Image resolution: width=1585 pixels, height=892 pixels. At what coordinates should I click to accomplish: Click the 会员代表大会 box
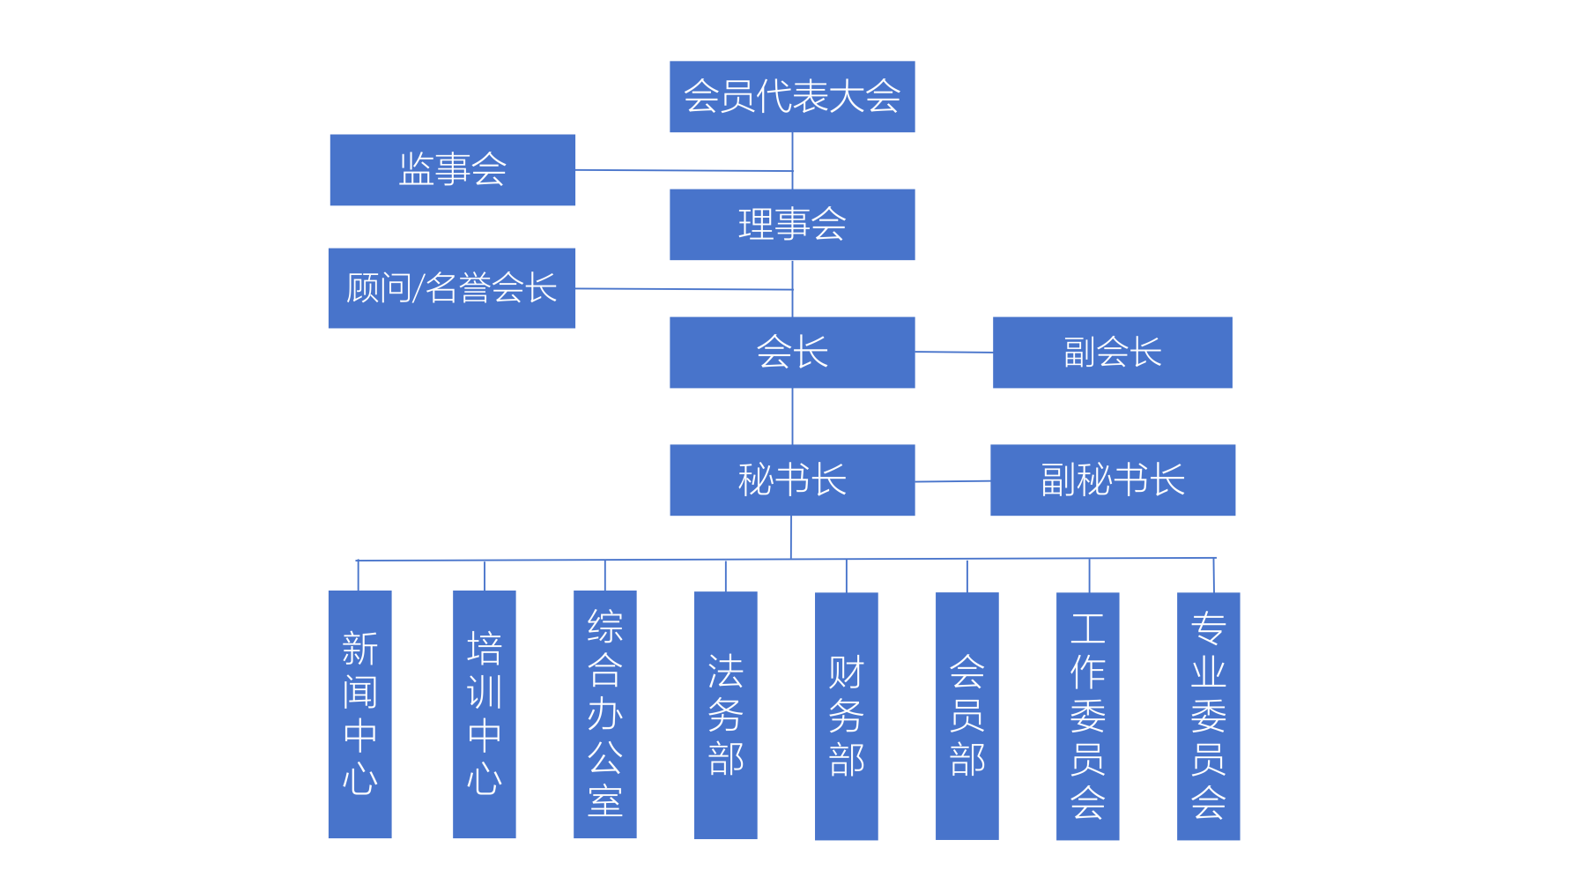(x=792, y=97)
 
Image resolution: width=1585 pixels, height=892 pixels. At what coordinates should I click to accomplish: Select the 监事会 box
(x=452, y=170)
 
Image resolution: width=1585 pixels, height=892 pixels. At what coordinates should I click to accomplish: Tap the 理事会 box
(x=792, y=225)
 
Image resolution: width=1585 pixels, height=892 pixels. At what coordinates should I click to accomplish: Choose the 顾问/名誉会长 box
(x=452, y=288)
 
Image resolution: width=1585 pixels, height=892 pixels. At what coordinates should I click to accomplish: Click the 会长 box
(x=792, y=353)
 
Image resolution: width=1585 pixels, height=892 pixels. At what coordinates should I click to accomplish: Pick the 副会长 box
(x=1112, y=353)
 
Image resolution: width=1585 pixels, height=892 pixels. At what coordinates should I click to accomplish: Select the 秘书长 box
(x=792, y=480)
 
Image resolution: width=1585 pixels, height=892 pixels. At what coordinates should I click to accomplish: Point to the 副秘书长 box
(x=1112, y=480)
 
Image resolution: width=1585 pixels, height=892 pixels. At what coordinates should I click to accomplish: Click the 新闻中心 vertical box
(x=359, y=714)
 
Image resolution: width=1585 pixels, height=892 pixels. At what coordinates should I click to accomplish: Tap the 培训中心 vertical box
(x=484, y=714)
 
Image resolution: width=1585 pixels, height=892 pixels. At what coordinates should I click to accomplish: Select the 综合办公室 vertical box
(x=604, y=714)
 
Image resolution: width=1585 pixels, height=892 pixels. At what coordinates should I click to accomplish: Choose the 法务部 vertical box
(x=725, y=715)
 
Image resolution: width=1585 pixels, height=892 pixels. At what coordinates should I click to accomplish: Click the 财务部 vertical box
(x=846, y=716)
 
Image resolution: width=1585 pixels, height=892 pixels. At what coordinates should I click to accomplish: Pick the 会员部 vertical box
(x=967, y=716)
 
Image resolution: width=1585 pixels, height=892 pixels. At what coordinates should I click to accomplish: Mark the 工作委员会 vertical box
(x=1087, y=716)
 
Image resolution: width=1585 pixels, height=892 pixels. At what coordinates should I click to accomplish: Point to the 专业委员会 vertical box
(x=1208, y=716)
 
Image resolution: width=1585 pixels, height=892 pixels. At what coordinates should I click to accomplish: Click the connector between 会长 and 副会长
(x=953, y=353)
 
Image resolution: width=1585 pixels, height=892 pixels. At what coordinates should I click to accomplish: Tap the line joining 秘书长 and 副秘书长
(x=952, y=481)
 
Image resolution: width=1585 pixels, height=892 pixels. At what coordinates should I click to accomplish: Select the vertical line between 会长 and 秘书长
(x=792, y=416)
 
